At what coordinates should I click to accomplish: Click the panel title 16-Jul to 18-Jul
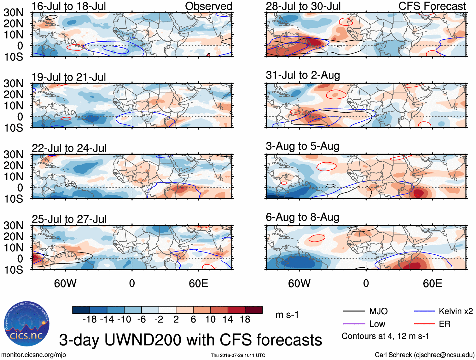click(69, 6)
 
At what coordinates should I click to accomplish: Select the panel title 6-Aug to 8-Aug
click(303, 217)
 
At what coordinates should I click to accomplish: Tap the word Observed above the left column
click(208, 6)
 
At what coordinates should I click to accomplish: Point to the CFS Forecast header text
click(432, 6)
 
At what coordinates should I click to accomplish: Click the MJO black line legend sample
click(354, 311)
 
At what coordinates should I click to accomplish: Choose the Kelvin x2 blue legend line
click(424, 311)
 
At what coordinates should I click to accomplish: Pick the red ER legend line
click(424, 324)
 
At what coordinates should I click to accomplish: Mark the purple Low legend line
click(354, 324)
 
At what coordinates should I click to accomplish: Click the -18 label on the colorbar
click(90, 319)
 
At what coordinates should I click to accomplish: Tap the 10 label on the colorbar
click(210, 319)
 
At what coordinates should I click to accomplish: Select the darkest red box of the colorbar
click(254, 310)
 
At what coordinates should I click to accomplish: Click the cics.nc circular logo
click(27, 324)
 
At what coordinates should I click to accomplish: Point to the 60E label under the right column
click(432, 283)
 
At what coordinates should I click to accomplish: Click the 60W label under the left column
click(65, 283)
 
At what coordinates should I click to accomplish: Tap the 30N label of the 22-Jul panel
click(13, 154)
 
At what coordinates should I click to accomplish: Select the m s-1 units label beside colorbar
click(287, 315)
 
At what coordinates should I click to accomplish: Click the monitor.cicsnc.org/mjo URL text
click(34, 355)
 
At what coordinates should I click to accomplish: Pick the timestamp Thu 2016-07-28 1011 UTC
click(238, 355)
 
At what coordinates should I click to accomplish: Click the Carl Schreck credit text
click(424, 355)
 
